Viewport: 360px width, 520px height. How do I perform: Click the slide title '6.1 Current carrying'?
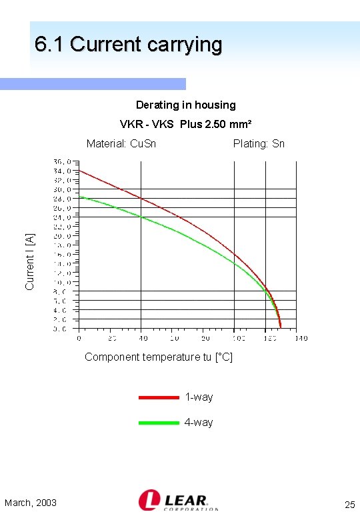coord(128,45)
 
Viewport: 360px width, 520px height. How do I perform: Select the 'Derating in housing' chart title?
coord(185,105)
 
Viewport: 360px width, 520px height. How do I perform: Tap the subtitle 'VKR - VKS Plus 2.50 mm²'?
coord(185,124)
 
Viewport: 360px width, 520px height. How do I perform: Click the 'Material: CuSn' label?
coord(121,143)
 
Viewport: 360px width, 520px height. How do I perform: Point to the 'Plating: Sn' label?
coord(259,143)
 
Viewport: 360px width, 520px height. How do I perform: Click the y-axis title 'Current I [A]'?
coord(29,261)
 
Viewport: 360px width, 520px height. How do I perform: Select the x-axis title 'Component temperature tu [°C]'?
coord(159,357)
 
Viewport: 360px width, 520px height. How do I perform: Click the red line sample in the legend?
coord(159,397)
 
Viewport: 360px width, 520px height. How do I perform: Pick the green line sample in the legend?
coord(159,423)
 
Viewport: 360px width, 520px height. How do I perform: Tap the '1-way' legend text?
coord(199,397)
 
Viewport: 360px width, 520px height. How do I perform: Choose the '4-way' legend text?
coord(199,423)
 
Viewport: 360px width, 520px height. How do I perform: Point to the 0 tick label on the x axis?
coord(79,339)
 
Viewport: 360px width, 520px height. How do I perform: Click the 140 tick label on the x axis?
coord(301,339)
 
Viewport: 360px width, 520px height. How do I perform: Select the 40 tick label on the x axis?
coord(141,339)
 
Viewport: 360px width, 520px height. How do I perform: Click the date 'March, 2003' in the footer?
coord(31,503)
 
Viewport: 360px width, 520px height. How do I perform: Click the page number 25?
coord(349,504)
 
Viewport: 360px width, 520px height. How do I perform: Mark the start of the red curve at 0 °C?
coord(79,170)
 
